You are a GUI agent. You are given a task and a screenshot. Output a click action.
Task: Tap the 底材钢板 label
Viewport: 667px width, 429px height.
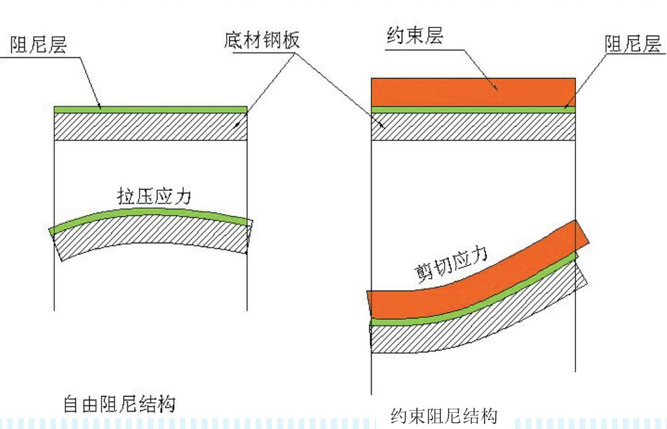262,40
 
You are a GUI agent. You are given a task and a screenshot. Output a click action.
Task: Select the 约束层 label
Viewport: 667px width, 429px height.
414,36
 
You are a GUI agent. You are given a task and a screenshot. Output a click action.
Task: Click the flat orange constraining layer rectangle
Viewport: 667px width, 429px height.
473,92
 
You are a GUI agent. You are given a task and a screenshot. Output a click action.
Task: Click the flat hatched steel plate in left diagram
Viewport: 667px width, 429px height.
151,127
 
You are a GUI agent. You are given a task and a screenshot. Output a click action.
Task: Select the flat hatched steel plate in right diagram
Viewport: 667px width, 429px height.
473,127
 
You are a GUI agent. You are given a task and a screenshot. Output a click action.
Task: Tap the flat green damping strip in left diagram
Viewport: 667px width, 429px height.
151,110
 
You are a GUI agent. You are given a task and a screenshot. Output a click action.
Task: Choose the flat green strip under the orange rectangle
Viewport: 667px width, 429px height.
473,110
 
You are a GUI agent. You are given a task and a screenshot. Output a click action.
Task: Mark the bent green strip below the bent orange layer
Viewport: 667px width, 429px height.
473,304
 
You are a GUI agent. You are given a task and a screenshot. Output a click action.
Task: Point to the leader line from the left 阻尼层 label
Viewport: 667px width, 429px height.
90,82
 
